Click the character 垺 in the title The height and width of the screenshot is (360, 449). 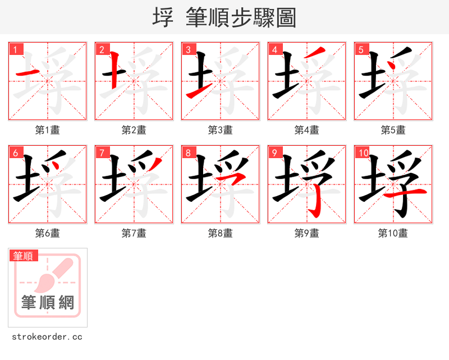(163, 17)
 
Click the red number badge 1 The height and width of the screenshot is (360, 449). (15, 49)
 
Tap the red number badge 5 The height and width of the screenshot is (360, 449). (361, 49)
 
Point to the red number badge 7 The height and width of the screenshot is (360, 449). (102, 153)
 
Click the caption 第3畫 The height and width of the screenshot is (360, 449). (220, 130)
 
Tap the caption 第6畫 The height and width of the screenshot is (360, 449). (47, 233)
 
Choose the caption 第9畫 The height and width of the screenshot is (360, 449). (306, 233)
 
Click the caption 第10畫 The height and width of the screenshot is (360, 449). (393, 233)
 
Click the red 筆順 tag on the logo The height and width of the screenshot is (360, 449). (24, 256)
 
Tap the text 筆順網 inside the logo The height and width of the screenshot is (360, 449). (48, 303)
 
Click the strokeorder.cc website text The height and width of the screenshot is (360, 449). (47, 337)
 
